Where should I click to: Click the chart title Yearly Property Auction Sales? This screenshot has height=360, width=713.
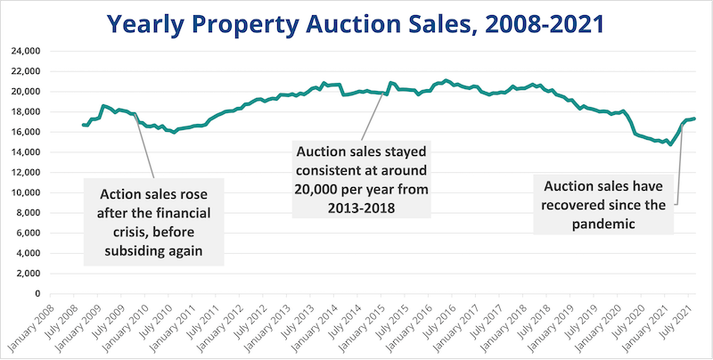[x=356, y=21]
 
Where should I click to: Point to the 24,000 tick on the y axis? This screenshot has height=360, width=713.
[x=26, y=51]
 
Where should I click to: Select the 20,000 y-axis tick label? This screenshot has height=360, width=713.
[x=26, y=91]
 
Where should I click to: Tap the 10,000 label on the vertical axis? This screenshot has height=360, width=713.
[x=26, y=192]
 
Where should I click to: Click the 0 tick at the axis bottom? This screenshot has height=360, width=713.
[x=38, y=293]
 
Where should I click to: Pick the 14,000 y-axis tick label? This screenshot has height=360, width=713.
[x=26, y=151]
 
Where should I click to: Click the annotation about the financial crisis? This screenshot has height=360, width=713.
[x=153, y=221]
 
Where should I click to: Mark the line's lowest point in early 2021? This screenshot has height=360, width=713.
[x=670, y=144]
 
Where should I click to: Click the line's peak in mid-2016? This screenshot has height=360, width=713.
[x=447, y=80]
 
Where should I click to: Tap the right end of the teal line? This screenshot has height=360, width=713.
[x=695, y=119]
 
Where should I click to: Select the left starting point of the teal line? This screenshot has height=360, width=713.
[x=83, y=125]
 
